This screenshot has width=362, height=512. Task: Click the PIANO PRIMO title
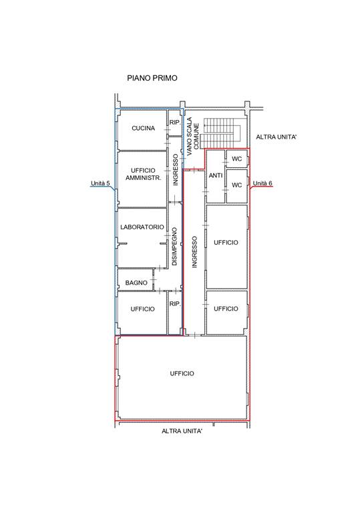click(152, 78)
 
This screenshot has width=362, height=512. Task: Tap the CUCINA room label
click(143, 128)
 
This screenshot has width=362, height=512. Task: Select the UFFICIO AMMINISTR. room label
click(143, 175)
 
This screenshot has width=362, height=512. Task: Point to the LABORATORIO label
click(142, 227)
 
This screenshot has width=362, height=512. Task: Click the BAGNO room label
click(136, 283)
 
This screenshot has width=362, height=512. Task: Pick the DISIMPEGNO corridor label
click(174, 247)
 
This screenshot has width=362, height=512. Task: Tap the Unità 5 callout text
click(100, 183)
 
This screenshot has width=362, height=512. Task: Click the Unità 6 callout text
click(262, 183)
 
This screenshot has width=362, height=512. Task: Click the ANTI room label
click(216, 176)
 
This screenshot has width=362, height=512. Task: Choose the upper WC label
click(236, 159)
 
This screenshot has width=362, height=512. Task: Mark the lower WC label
click(236, 185)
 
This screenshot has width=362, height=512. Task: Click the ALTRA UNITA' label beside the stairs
click(277, 137)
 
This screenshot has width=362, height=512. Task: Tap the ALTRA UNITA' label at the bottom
click(182, 431)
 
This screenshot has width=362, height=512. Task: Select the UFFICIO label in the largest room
click(182, 373)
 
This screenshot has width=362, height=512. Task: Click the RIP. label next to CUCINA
click(175, 123)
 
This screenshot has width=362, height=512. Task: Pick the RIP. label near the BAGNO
click(175, 304)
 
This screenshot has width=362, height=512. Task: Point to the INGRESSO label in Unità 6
click(195, 252)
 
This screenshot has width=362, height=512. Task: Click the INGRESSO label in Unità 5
click(176, 170)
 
